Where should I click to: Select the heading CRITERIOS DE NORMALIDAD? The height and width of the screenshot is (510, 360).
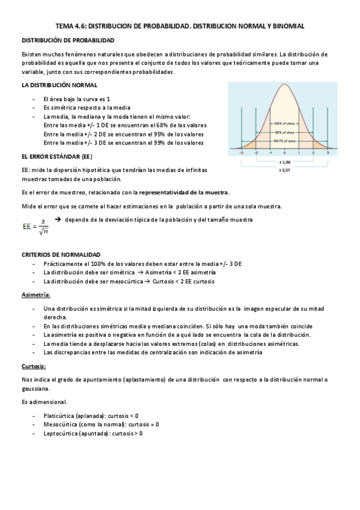(x=61, y=255)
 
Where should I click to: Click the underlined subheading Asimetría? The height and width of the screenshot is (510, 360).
(x=36, y=295)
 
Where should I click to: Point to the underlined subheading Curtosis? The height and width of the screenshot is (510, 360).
(x=34, y=366)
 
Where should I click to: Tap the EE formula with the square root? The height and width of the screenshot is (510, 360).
(x=35, y=226)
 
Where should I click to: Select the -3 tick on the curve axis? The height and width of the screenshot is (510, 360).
(x=241, y=153)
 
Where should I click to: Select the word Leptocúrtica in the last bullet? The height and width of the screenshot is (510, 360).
(x=61, y=433)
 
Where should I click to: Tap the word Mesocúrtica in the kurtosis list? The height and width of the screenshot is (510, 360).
(x=60, y=424)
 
